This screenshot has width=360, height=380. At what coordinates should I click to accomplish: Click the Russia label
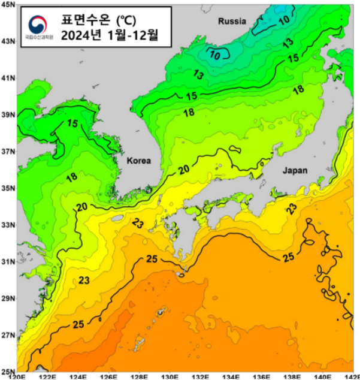click(232, 21)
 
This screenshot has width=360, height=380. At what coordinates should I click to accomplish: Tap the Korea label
click(138, 161)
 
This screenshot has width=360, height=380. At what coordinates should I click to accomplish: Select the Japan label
click(294, 170)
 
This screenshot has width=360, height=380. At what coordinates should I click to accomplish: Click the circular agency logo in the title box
click(39, 24)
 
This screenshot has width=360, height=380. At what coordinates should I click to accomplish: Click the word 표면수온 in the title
click(87, 19)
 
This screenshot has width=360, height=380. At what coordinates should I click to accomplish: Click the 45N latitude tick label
click(8, 4)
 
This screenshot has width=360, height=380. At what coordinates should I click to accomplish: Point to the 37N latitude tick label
click(8, 151)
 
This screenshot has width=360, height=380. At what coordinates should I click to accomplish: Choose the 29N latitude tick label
click(8, 298)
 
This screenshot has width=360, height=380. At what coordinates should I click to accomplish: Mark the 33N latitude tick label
click(8, 225)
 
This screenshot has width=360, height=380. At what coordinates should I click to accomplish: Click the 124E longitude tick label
click(78, 376)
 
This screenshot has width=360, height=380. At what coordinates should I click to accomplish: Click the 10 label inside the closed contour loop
click(215, 55)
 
